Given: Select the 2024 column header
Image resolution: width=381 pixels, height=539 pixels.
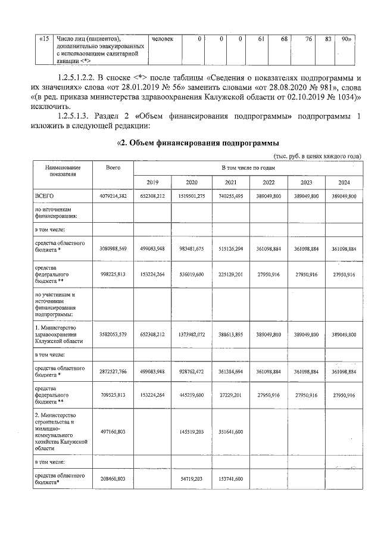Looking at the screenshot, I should tap(344, 182).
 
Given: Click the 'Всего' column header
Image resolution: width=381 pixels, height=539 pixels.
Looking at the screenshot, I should tap(113, 169).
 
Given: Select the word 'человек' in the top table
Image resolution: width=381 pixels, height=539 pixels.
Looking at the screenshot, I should tap(163, 39).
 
